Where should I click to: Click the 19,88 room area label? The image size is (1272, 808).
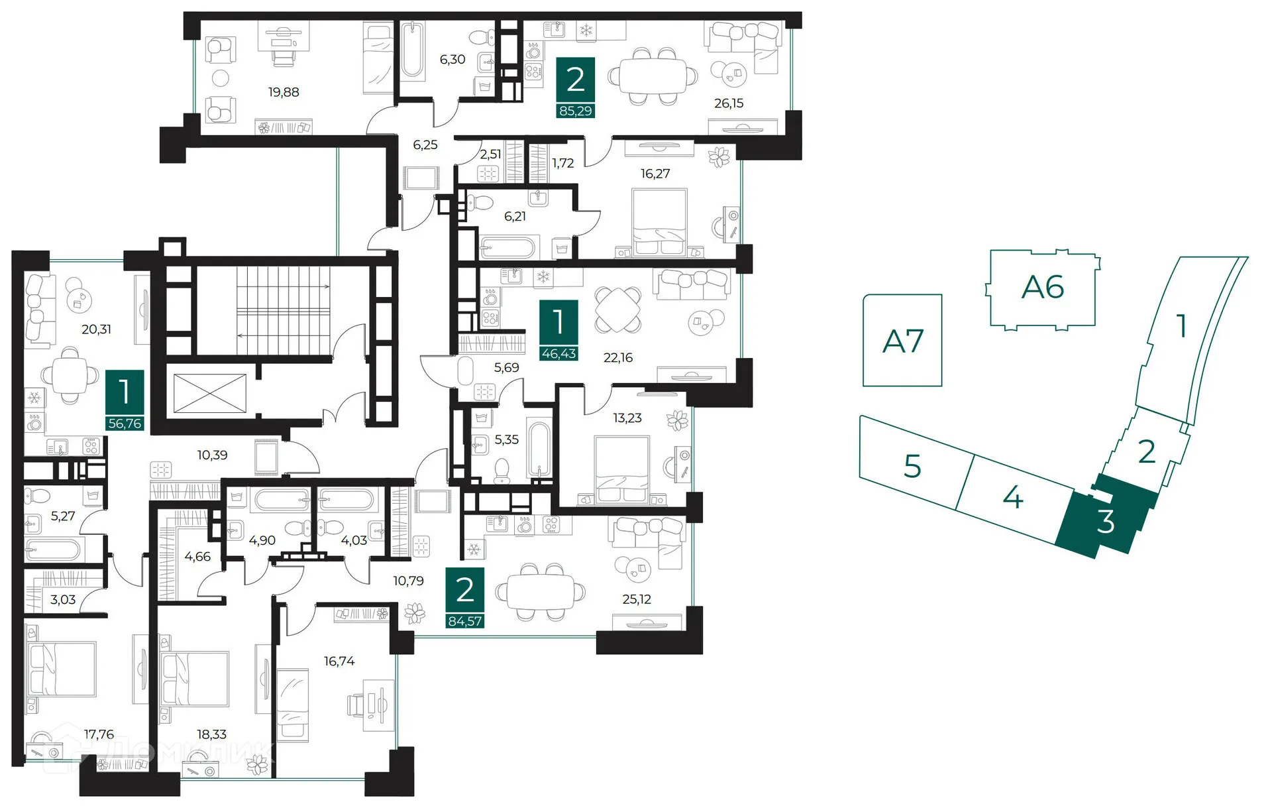point(284,92)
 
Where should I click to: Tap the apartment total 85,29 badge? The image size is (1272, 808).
point(575,111)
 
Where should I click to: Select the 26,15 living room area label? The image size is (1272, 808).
point(729,103)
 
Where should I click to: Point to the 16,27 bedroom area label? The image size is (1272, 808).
point(655,174)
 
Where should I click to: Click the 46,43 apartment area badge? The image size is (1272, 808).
point(558,353)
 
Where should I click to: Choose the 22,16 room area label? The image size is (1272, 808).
point(618,358)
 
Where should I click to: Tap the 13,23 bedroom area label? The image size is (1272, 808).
point(627,418)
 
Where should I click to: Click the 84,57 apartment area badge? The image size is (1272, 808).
point(465,621)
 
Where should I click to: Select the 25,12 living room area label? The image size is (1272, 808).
point(637,599)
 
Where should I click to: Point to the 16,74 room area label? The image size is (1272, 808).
point(339,661)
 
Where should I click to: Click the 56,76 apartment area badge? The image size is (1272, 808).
point(125,423)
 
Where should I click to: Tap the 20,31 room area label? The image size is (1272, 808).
point(96,329)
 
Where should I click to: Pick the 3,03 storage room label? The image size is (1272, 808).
point(63,600)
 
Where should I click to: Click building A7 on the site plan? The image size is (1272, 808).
point(902,341)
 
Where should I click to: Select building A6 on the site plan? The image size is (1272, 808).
point(1043,288)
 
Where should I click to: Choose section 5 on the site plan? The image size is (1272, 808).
point(913,466)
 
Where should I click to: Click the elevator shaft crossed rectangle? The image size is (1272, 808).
point(209,394)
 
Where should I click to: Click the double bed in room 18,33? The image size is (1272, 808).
point(195,681)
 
